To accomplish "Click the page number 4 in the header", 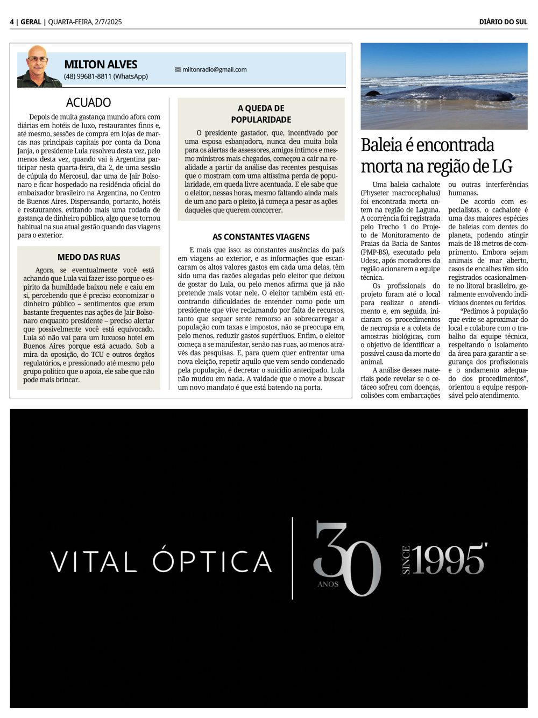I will tap(12, 22).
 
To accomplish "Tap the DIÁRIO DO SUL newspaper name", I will tap(503, 22).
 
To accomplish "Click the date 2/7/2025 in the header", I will tap(108, 22).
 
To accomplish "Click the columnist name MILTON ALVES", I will tap(101, 65).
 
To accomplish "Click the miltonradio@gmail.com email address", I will tap(214, 69).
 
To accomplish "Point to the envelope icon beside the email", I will tap(178, 69).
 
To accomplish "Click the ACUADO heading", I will tap(88, 102).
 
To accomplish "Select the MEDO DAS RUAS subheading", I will tap(89, 257).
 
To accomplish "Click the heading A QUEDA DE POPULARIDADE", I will tap(261, 114).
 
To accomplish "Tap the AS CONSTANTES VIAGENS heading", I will tap(261, 237).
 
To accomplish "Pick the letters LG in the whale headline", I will tap(502, 166).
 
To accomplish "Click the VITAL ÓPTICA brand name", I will tap(161, 562).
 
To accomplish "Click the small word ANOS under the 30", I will tap(328, 584).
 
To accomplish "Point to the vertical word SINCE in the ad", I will tap(406, 560).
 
